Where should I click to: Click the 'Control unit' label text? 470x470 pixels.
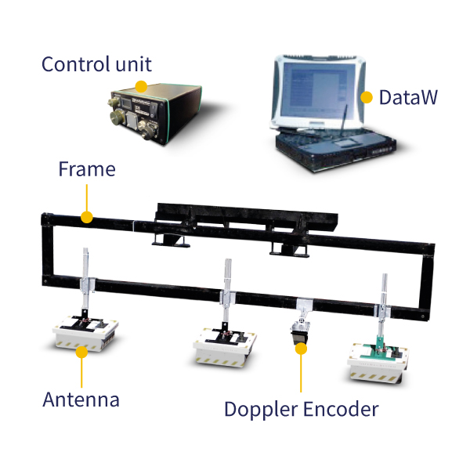tap(96, 64)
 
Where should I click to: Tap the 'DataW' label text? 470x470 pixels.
tap(408, 97)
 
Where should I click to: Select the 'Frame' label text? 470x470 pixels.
tap(87, 169)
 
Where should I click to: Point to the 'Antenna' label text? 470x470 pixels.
tap(81, 399)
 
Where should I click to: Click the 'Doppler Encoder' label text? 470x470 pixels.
tap(302, 410)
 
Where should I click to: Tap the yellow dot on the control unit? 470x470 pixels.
tap(141, 87)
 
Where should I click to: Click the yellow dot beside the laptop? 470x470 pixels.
tap(367, 97)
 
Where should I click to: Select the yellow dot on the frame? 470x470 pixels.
tap(87, 217)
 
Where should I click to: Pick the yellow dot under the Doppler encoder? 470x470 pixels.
tap(301, 349)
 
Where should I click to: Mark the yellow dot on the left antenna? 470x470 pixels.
tap(81, 352)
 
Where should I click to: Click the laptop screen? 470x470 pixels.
tap(318, 89)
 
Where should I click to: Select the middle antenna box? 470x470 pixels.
tap(225, 347)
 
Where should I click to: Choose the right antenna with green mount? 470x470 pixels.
tap(378, 362)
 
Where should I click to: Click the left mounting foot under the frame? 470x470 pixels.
tap(170, 240)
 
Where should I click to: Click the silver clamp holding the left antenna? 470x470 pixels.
tap(87, 284)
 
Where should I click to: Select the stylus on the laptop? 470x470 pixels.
tap(344, 118)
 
